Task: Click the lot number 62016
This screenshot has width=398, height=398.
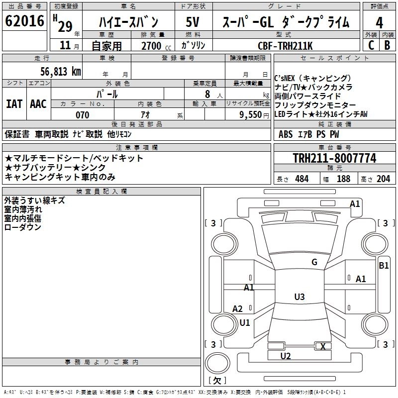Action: pos(24,21)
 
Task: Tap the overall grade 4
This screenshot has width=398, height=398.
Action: pos(379,23)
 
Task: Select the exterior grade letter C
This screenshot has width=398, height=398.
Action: pos(371,45)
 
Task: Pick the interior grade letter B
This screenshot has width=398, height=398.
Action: pos(387,45)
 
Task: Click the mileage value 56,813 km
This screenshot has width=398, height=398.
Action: pos(61,72)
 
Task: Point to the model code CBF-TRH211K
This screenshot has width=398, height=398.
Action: pos(285,46)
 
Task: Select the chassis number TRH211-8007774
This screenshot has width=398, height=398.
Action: pos(334,158)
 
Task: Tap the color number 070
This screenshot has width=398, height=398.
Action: pos(83,115)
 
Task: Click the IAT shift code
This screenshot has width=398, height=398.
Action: pos(14,104)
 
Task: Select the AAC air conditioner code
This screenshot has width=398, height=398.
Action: pos(38,104)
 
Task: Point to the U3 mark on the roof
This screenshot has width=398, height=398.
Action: pos(299,297)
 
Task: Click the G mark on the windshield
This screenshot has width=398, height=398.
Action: pos(314,262)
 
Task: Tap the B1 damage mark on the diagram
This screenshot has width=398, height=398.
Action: pos(384,266)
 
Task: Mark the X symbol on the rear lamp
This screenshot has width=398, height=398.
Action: pos(323,346)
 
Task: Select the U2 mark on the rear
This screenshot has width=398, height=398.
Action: pos(286,356)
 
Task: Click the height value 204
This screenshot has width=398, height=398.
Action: pos(383,179)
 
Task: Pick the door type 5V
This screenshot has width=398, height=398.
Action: pos(193,22)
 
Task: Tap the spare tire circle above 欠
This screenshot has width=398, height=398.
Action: pos(217,363)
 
